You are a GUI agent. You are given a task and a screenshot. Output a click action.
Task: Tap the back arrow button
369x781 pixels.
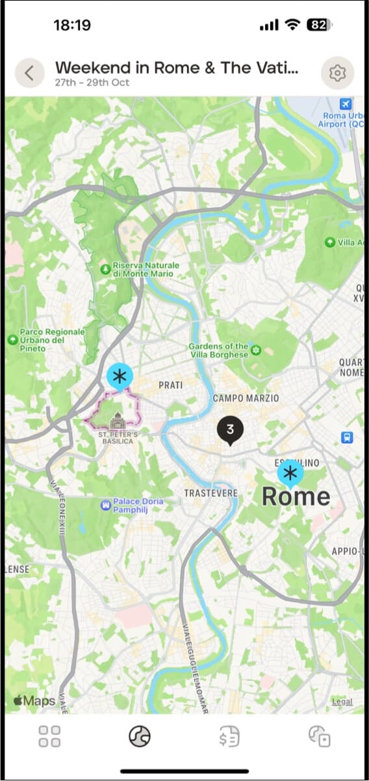(29, 73)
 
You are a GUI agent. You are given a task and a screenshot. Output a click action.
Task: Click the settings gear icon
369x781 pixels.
(337, 73)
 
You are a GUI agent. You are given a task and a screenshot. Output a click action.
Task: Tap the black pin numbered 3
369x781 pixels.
(230, 430)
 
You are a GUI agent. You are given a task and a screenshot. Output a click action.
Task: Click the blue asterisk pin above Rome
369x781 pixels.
(290, 473)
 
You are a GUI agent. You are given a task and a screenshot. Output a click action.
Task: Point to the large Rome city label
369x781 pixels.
(296, 497)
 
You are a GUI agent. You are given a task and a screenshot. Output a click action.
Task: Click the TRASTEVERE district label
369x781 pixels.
(211, 493)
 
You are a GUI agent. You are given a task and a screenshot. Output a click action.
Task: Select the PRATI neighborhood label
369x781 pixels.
(171, 385)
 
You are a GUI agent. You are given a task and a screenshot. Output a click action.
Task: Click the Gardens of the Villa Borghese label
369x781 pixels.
(219, 351)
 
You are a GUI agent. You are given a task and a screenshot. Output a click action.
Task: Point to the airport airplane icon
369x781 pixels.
(346, 104)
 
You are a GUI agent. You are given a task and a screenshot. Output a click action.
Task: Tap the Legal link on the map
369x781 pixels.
(342, 702)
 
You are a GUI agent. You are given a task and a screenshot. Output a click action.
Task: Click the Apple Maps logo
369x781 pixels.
(34, 701)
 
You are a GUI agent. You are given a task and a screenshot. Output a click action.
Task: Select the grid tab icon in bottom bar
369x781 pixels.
(49, 737)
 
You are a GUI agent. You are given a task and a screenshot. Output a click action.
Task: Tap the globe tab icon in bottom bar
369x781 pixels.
(140, 737)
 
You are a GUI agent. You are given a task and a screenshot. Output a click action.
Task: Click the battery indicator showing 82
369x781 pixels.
(318, 25)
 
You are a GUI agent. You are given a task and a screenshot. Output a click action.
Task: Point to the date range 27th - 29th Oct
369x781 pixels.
(92, 83)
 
